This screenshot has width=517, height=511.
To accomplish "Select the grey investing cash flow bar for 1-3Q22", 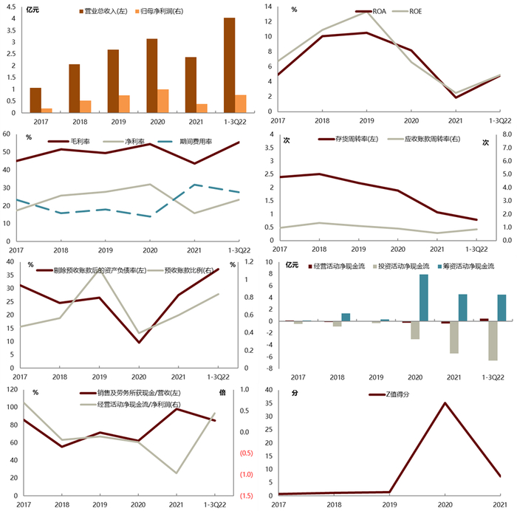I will click(x=493, y=340).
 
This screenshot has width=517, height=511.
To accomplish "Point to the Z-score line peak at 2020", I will click(x=445, y=402).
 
